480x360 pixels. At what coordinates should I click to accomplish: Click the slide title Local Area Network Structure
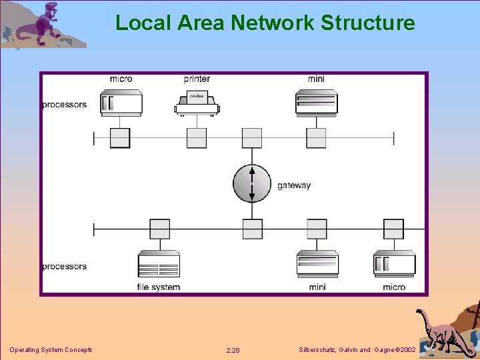click(265, 23)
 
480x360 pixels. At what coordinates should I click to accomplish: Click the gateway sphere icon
click(252, 183)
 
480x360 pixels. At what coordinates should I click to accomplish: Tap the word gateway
click(294, 185)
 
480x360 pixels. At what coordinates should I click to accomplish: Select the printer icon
click(197, 104)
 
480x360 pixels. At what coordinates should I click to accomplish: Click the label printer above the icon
click(197, 79)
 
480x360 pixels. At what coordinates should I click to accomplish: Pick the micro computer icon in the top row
click(121, 103)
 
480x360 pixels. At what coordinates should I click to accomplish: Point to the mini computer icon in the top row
click(317, 103)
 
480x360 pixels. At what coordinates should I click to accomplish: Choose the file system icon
click(159, 265)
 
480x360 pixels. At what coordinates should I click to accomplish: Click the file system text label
click(159, 287)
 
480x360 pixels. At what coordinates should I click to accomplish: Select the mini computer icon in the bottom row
click(317, 264)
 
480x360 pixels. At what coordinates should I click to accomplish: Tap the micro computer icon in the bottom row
click(394, 264)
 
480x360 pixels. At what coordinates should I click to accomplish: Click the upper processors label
click(65, 105)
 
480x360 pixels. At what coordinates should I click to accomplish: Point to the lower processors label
click(65, 267)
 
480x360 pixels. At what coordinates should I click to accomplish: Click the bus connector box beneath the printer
click(197, 138)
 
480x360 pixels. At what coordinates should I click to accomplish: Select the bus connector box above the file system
click(159, 229)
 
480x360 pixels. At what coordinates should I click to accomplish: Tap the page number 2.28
click(233, 350)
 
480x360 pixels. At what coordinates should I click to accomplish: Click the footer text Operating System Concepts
click(51, 350)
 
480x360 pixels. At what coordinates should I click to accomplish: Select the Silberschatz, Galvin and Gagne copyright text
click(357, 350)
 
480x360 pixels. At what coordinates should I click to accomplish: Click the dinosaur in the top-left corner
click(40, 25)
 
